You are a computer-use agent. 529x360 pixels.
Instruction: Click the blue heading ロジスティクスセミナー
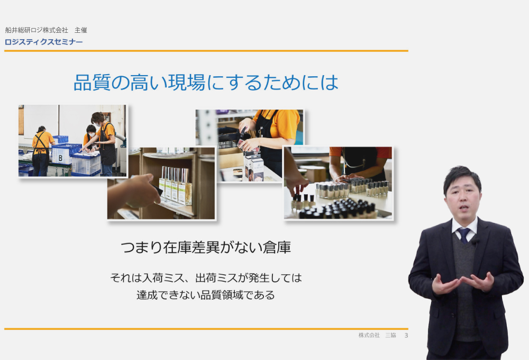coord(43,42)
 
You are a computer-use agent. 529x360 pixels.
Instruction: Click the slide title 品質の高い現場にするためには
coord(206,83)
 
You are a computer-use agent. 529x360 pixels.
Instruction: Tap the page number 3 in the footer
coord(406,335)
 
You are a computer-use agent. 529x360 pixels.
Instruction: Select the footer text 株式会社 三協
coord(377,335)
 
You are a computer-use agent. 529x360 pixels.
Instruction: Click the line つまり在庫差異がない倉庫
coord(206,247)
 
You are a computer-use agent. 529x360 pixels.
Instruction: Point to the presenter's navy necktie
coord(464,235)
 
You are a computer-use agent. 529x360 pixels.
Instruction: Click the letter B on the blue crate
coord(60,158)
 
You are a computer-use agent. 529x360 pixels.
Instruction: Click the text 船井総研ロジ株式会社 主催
coord(46,30)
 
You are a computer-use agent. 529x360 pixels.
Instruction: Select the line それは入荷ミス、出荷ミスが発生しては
coord(206,277)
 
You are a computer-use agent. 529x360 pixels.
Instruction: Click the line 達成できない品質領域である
coord(206,295)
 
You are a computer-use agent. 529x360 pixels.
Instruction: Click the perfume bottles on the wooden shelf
coord(176,185)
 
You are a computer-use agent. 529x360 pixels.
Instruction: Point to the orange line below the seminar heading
coord(206,51)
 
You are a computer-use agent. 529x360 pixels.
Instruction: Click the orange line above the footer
coord(206,329)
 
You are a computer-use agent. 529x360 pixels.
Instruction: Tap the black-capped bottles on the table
coord(338,208)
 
